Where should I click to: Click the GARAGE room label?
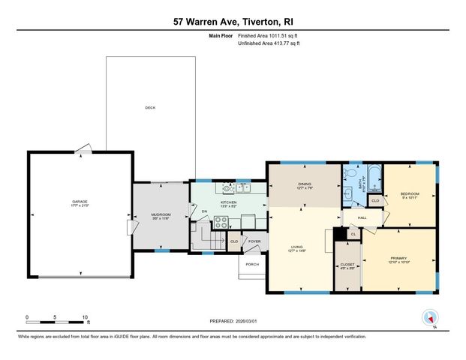(80, 202)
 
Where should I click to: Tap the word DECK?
(149, 108)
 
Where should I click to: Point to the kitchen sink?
(242, 187)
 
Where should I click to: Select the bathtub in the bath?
(375, 180)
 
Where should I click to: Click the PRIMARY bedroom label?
(398, 259)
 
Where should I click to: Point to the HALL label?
(361, 217)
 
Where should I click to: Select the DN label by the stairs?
(204, 211)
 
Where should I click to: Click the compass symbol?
(430, 317)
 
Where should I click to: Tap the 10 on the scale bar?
(85, 316)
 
